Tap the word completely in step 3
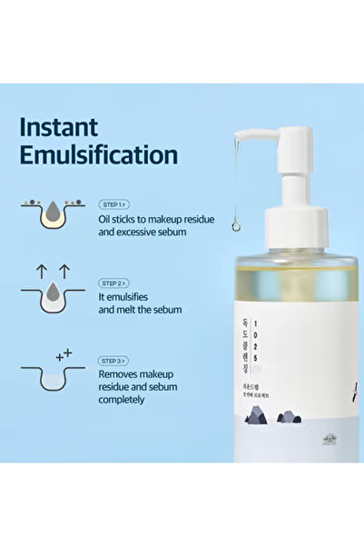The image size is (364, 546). click(x=131, y=402)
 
